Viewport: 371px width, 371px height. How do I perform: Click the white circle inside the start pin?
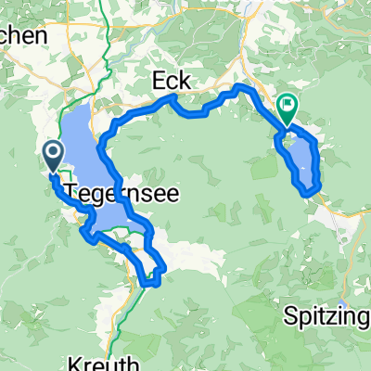pos(53,151)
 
